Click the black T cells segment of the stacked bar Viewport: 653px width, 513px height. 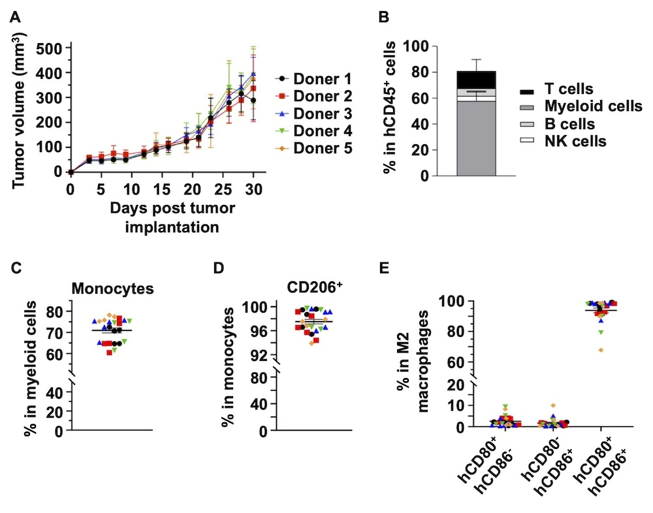point(476,79)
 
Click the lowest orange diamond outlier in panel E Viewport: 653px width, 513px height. point(600,350)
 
